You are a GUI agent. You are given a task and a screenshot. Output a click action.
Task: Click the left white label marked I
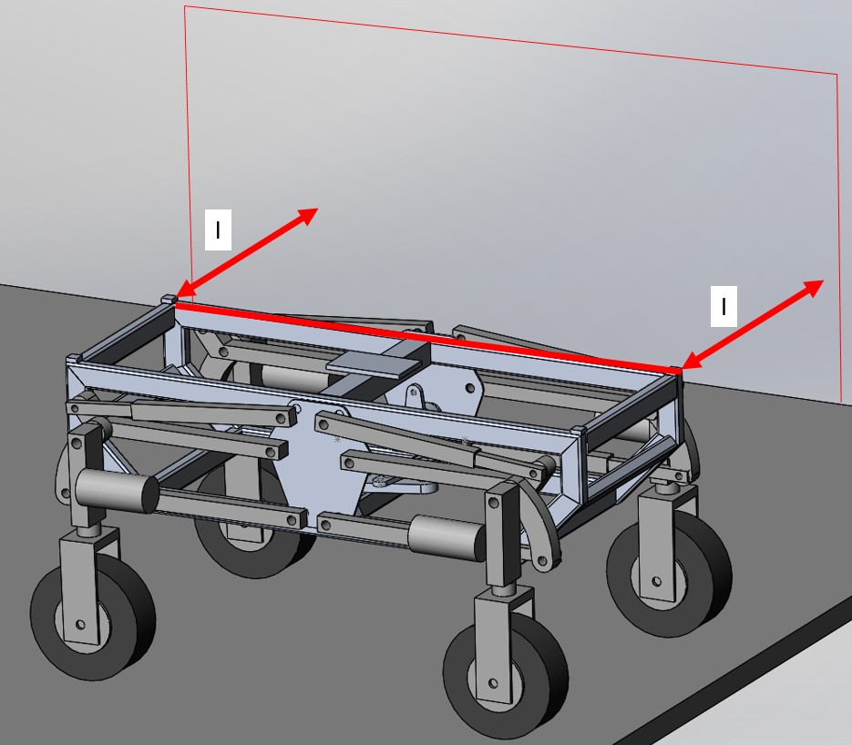218,230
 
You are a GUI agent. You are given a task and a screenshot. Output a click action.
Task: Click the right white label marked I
724,306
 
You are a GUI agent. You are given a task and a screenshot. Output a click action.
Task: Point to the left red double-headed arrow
248,252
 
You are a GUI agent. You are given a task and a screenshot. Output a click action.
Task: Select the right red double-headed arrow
753,324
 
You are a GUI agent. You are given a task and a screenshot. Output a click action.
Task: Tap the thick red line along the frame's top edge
427,338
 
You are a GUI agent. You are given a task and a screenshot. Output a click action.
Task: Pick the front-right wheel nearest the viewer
506,676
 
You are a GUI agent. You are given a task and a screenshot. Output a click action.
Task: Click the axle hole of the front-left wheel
81,625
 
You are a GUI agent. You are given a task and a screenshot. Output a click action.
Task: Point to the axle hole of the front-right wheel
493,683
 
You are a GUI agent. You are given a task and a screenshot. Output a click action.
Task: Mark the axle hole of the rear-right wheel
656,582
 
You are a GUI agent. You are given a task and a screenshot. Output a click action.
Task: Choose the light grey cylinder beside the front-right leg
447,536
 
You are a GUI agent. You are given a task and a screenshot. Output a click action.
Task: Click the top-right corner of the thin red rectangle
837,73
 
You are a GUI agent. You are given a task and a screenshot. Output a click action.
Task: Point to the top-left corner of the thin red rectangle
185,6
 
